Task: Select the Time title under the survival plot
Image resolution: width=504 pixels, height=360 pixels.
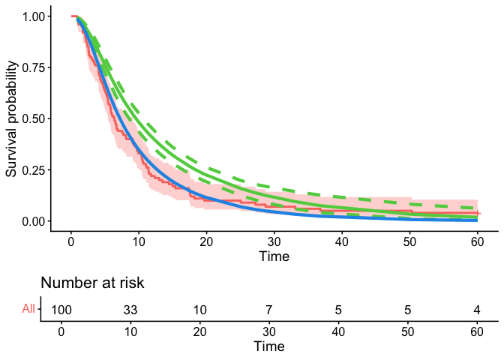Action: tap(274, 256)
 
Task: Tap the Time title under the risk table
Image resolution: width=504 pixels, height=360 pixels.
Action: tap(268, 346)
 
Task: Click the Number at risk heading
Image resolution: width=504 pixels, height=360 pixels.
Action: tap(91, 283)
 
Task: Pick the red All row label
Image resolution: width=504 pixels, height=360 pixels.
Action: tap(28, 308)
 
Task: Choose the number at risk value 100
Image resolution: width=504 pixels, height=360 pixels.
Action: tap(61, 309)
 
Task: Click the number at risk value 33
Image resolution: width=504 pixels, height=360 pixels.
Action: tap(130, 309)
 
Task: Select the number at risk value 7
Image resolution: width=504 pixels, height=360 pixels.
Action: tap(268, 309)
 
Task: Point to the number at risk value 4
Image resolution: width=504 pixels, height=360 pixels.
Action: tap(475, 309)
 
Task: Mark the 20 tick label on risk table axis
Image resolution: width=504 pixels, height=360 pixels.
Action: tap(199, 331)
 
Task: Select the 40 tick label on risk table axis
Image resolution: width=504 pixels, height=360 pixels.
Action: tap(337, 331)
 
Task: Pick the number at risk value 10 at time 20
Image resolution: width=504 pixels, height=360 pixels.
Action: tap(199, 309)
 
